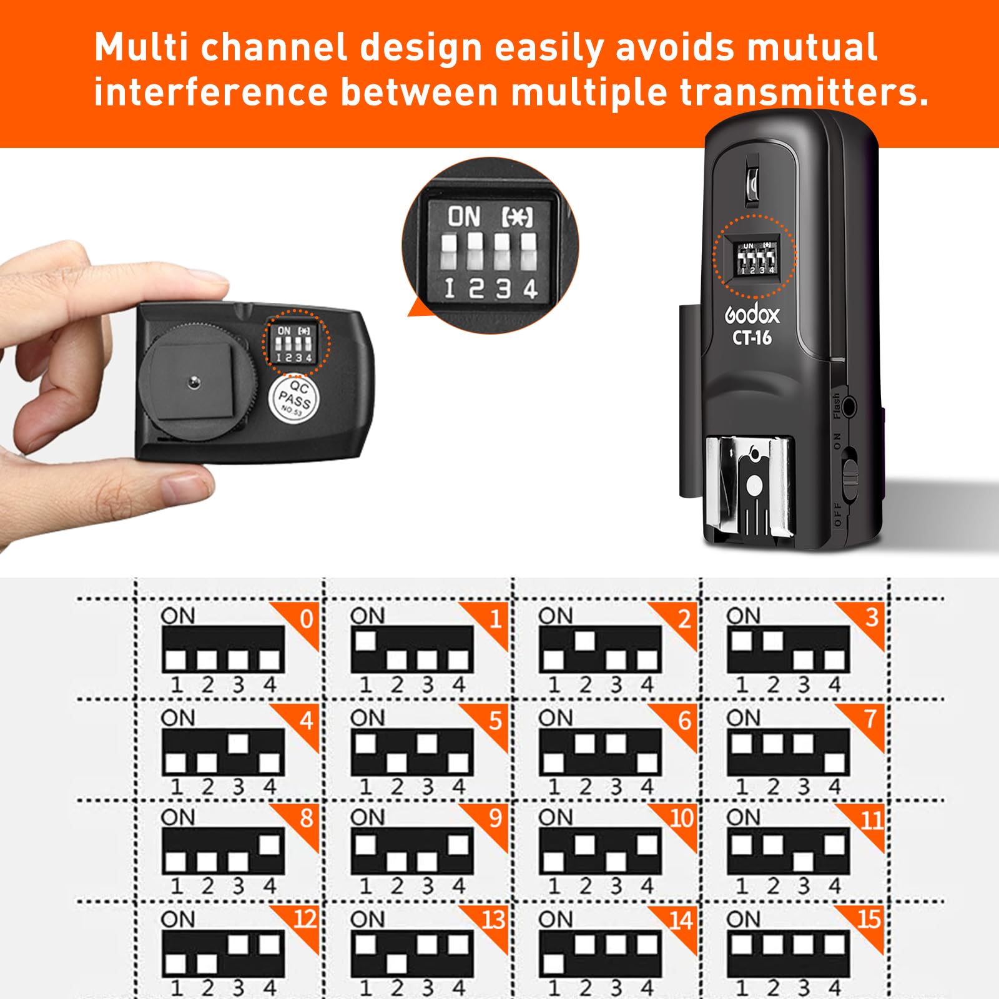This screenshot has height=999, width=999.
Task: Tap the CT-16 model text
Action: pyautogui.click(x=752, y=338)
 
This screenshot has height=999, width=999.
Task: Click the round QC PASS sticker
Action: pyautogui.click(x=294, y=398)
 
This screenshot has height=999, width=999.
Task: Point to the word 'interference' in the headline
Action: pyautogui.click(x=210, y=92)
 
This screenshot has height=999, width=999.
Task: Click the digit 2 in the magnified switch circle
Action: pyautogui.click(x=476, y=288)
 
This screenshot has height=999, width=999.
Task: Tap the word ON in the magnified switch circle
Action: pyautogui.click(x=464, y=217)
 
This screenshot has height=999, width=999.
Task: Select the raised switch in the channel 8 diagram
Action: pyautogui.click(x=269, y=844)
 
